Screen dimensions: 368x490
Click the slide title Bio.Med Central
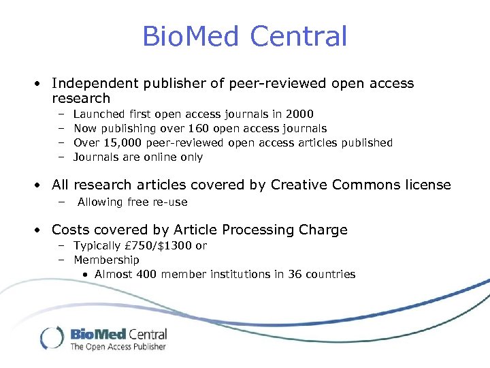244,36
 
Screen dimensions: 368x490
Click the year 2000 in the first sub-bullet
300,114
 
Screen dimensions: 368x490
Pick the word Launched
99,114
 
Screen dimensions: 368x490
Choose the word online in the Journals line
160,157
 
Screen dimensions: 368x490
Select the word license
427,185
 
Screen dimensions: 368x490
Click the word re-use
169,202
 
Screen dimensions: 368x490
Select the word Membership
106,260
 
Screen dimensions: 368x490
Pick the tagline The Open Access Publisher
118,347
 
